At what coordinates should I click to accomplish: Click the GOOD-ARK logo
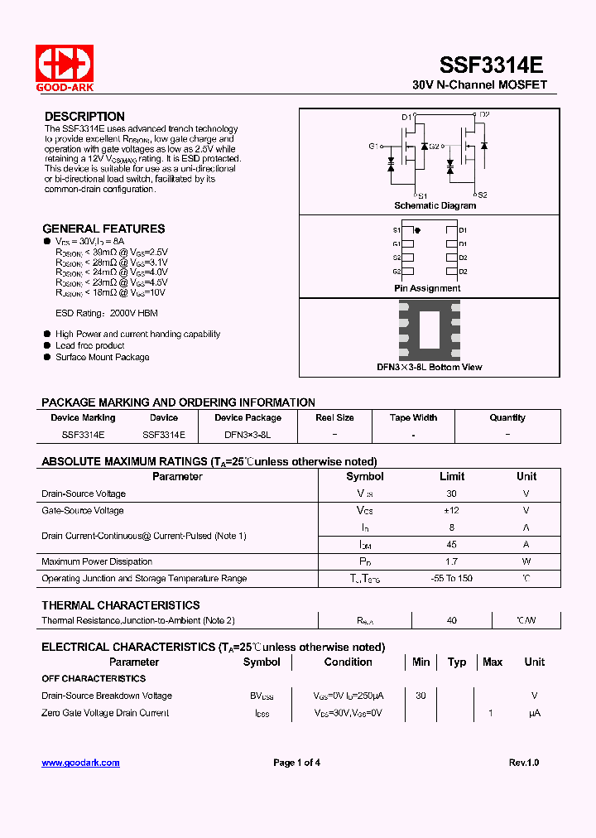(64, 67)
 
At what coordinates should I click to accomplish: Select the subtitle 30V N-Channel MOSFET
(479, 85)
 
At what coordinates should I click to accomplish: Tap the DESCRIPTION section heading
(84, 117)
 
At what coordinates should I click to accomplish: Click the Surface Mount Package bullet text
(103, 357)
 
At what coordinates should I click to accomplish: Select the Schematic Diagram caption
(435, 205)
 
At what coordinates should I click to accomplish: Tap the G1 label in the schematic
(373, 146)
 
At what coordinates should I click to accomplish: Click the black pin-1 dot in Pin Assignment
(416, 230)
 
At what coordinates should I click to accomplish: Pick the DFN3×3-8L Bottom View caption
(429, 367)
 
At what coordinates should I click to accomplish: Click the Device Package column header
(248, 417)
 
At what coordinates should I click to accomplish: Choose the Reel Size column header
(334, 417)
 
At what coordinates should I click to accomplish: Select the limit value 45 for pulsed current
(452, 545)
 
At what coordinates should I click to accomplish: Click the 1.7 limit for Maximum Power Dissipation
(452, 561)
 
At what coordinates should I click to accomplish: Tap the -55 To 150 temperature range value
(452, 578)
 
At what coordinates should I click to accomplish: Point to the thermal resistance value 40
(452, 620)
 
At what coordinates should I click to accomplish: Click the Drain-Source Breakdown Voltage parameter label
(107, 696)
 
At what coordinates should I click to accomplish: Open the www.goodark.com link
(80, 763)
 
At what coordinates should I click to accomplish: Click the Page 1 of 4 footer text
(296, 763)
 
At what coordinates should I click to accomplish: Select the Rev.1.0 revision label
(523, 763)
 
